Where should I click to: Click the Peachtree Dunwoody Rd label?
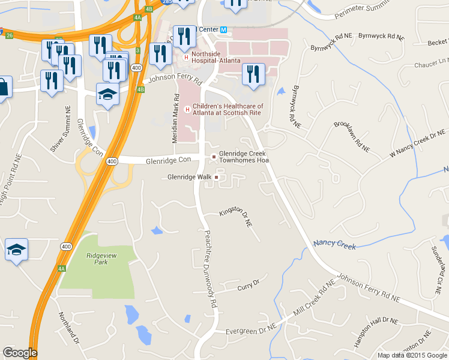209,269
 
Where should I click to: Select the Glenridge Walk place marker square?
217,177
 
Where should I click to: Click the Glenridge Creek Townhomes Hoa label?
242,157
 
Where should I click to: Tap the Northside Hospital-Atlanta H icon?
187,58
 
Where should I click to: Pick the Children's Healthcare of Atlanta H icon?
187,109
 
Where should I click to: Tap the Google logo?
20,353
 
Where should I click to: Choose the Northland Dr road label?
68,328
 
